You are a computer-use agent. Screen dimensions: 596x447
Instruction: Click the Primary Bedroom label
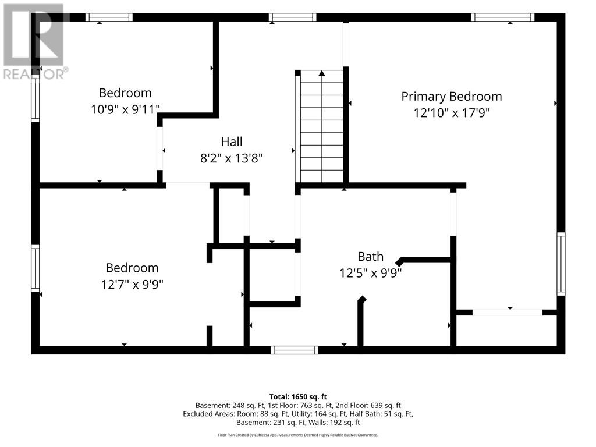452,97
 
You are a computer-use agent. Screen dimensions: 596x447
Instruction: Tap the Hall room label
232,142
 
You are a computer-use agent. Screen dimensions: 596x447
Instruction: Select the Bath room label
371,257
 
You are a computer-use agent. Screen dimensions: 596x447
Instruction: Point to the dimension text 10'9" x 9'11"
125,109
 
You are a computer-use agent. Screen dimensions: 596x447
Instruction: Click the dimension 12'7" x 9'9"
132,284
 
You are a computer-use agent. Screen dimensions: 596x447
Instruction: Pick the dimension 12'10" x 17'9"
452,113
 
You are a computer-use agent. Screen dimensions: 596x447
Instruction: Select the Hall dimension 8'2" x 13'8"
232,158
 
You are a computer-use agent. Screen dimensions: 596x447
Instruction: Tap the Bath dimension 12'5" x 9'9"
371,273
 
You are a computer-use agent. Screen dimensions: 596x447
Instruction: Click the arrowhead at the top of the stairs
322,73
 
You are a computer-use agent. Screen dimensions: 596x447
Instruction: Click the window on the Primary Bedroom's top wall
503,17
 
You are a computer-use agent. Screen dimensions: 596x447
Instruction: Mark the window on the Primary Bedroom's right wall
561,264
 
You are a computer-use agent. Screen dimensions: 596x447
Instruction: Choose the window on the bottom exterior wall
295,350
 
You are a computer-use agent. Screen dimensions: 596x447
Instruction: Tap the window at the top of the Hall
293,17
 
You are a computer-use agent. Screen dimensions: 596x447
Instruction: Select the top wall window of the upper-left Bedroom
109,17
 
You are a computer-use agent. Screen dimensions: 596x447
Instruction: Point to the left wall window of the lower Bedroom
35,268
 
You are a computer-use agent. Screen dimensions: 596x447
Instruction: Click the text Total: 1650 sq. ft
298,397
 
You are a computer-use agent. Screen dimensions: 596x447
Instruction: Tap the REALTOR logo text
36,74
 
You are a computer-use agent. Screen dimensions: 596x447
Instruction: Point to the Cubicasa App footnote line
298,435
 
